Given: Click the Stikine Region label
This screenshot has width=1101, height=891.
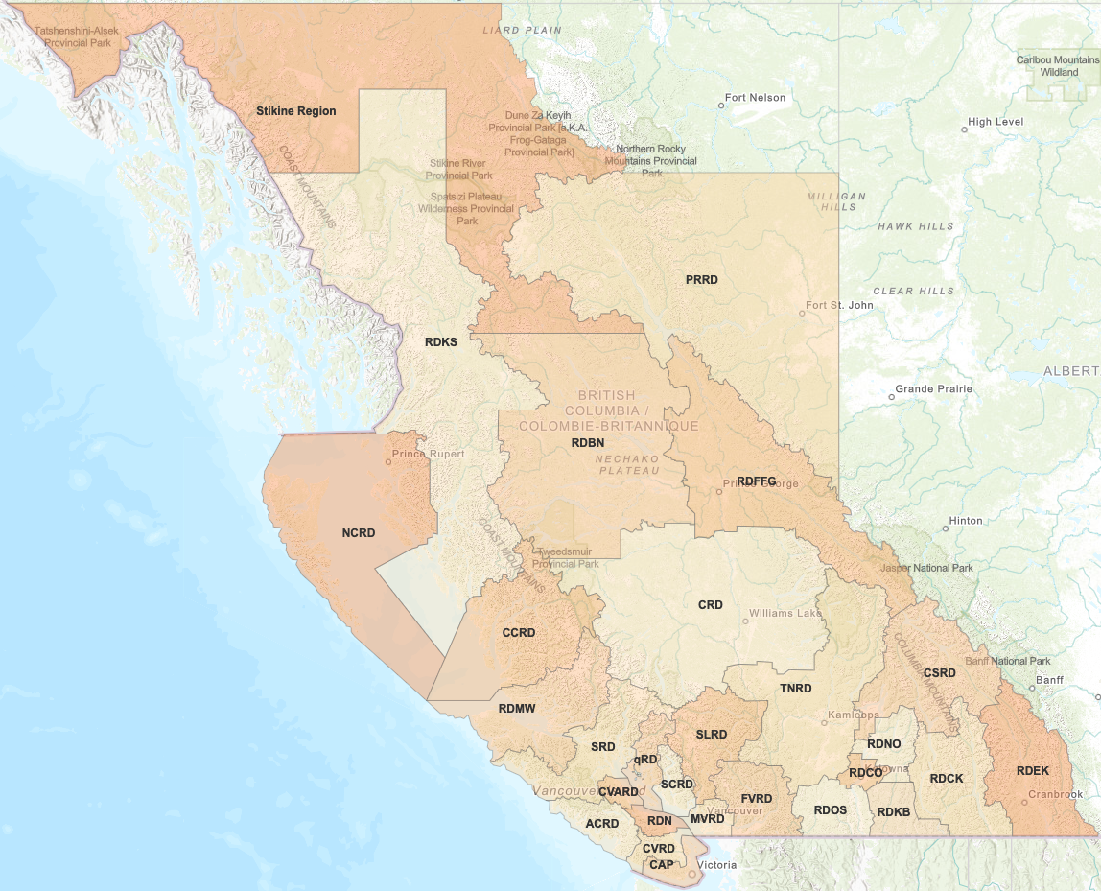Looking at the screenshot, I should tap(295, 111).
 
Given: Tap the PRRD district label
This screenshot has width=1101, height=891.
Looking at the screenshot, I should tap(701, 280).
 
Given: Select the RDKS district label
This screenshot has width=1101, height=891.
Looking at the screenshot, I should tap(440, 341).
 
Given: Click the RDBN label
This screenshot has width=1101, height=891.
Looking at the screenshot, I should tap(587, 443).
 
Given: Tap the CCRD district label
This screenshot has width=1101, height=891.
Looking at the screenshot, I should tap(518, 633).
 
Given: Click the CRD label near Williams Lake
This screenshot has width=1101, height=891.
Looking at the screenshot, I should tap(710, 605).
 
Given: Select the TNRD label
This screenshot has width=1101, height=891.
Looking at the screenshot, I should tap(795, 689).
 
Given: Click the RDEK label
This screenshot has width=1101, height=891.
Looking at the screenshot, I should tap(1032, 771).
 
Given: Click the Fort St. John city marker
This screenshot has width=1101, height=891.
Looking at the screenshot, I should tap(803, 313).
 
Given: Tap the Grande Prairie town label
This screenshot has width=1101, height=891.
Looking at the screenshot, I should tap(933, 389).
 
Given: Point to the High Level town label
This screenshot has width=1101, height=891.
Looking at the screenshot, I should tap(996, 122).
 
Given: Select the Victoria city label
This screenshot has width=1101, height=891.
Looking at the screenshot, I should tap(718, 865).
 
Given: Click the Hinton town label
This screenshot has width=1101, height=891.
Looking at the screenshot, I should tap(965, 521).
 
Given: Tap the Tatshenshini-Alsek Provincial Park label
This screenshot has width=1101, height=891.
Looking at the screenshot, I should tap(77, 36).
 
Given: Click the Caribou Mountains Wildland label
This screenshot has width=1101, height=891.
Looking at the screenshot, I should tap(1058, 65).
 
